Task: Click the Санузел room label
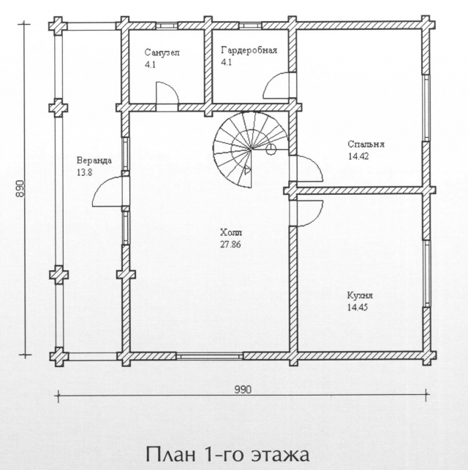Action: (162, 53)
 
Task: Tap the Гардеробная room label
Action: (249, 50)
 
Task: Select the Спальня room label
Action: (366, 145)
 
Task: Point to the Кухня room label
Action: (360, 296)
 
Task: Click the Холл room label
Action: (230, 232)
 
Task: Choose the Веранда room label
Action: (94, 161)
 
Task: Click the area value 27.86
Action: (230, 244)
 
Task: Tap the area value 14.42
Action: (358, 156)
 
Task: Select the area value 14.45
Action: (358, 307)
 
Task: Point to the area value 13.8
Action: (84, 173)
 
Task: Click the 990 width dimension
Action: (243, 390)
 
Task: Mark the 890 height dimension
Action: (20, 188)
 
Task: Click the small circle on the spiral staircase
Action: (271, 148)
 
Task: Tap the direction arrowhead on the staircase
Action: (247, 170)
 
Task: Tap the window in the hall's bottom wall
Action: (209, 356)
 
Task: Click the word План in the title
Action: (170, 454)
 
